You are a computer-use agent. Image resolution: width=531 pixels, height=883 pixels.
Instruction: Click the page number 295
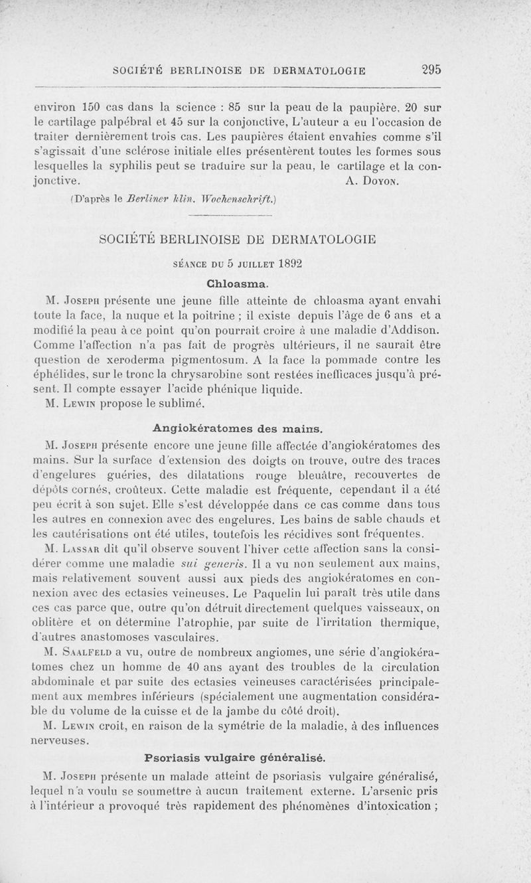point(431,69)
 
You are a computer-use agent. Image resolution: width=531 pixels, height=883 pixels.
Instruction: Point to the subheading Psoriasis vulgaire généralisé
point(234,757)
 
